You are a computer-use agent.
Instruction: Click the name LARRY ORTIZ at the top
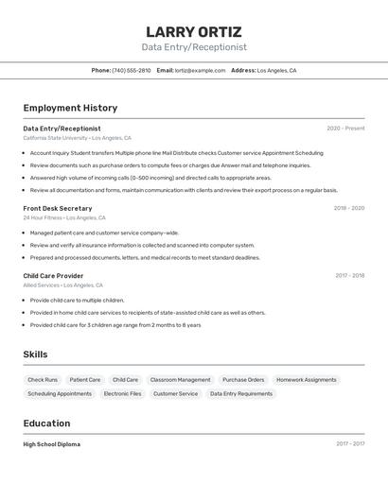click(x=194, y=32)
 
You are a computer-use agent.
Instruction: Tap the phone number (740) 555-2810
click(x=132, y=71)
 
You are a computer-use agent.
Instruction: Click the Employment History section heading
click(x=70, y=109)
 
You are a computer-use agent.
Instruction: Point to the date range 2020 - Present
click(x=345, y=129)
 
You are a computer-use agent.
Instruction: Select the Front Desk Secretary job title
click(x=58, y=208)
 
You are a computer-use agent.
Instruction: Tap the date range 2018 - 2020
click(x=348, y=208)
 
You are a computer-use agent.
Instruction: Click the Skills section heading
click(x=36, y=354)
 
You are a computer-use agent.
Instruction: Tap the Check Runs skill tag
click(x=43, y=380)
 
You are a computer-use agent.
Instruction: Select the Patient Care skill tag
click(x=85, y=380)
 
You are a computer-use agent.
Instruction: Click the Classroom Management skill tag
click(x=180, y=380)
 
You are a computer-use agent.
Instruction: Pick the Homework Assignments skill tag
click(x=306, y=380)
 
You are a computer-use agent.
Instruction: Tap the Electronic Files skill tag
click(x=122, y=393)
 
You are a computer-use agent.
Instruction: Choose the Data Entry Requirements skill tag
click(x=240, y=393)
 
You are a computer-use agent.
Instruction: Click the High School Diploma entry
click(x=52, y=444)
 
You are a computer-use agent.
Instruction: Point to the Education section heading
click(x=47, y=423)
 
